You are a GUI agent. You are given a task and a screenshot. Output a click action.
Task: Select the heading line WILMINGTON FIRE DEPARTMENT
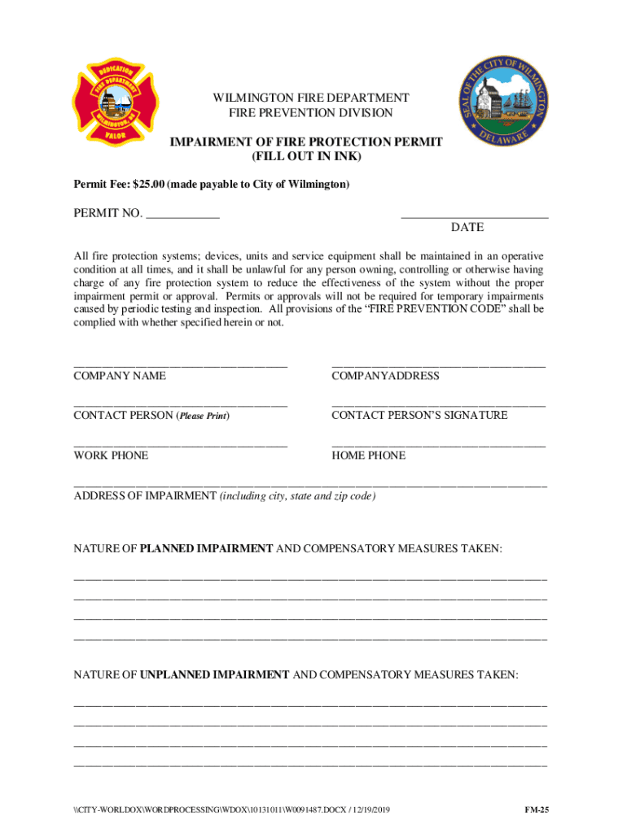tap(311, 98)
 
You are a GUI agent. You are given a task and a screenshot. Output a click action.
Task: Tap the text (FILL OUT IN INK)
tap(306, 156)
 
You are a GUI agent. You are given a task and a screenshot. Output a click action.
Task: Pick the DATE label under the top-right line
tap(467, 228)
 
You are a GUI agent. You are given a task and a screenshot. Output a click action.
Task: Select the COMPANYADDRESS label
tap(385, 376)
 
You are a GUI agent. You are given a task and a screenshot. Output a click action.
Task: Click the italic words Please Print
tap(203, 416)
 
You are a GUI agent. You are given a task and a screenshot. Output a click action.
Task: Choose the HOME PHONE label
tap(368, 456)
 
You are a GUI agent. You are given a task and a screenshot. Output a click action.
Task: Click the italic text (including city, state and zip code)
tap(297, 495)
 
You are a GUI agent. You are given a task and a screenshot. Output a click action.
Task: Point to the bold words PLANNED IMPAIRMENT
tap(207, 549)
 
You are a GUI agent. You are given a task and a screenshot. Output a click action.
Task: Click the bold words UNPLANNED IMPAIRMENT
tap(215, 674)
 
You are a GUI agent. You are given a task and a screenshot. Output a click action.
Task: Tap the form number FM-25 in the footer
tap(536, 810)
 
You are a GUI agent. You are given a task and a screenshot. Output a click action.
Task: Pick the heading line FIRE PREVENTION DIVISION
tap(311, 114)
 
